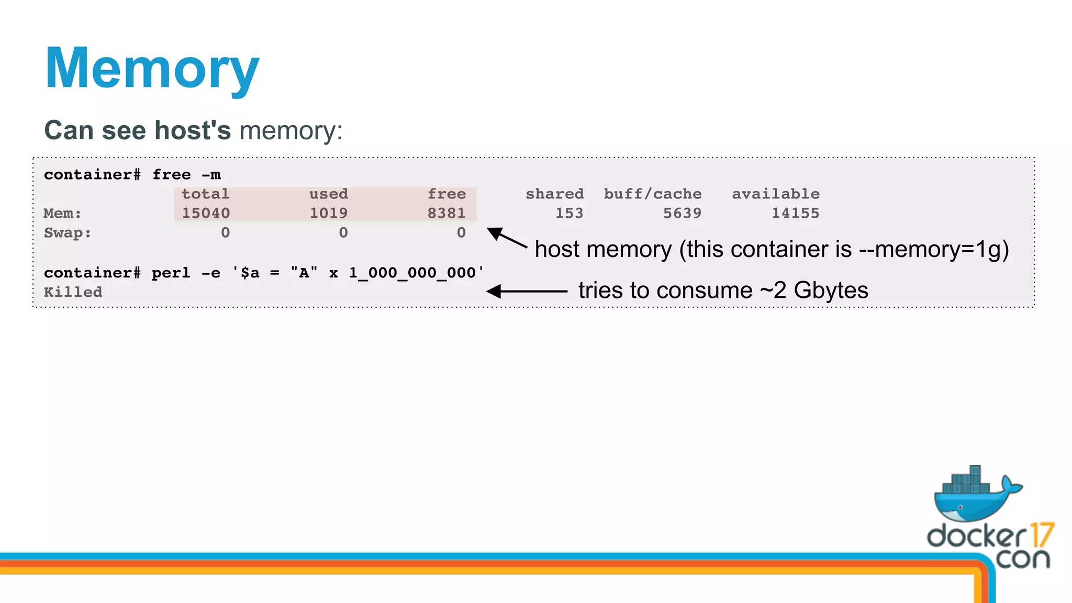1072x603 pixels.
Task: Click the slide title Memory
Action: (152, 69)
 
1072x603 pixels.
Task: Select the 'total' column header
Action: (205, 194)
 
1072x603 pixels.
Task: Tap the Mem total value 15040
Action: (206, 213)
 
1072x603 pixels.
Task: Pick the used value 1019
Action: (328, 213)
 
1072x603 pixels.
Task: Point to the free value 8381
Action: (446, 213)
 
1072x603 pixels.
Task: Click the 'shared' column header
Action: (554, 194)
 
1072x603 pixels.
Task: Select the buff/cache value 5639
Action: (682, 213)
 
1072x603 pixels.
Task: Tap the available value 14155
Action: (795, 213)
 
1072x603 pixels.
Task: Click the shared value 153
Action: (569, 213)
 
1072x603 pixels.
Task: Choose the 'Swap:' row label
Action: (68, 233)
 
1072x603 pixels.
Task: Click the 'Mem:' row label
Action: (62, 214)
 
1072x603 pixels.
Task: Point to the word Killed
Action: (73, 292)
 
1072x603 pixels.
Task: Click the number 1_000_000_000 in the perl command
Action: (412, 273)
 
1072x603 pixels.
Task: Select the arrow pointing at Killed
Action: (526, 291)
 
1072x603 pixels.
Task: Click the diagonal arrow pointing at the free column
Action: (506, 238)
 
